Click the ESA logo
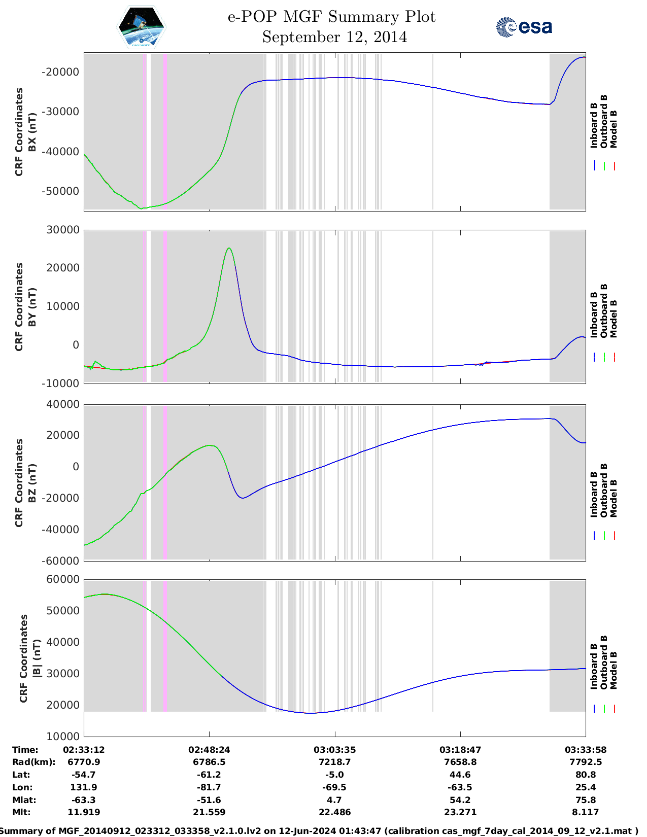[x=524, y=27]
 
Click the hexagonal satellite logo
[x=141, y=27]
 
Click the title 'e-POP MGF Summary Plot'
[x=331, y=17]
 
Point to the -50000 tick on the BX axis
[x=60, y=191]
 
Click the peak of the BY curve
[x=229, y=248]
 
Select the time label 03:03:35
[x=334, y=750]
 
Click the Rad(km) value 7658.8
[x=460, y=762]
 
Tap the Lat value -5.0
[x=334, y=775]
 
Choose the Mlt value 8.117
[x=586, y=812]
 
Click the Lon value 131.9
[x=84, y=787]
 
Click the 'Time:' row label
[x=25, y=750]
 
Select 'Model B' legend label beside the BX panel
[x=614, y=129]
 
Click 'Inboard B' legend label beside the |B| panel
[x=594, y=666]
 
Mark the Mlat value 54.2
[x=460, y=800]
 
